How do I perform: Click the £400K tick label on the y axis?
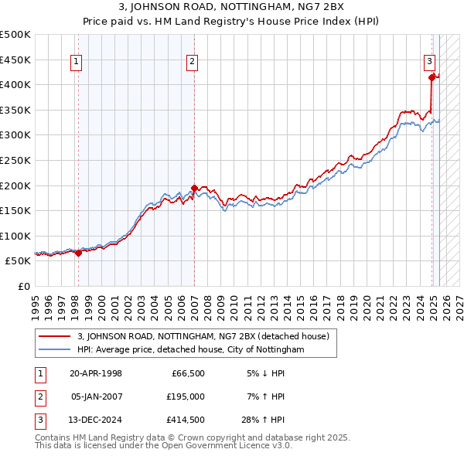pos(16,84)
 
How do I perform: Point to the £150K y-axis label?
pos(16,210)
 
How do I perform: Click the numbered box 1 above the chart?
pos(78,63)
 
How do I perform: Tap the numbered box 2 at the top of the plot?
pos(192,63)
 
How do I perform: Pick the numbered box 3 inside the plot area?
pos(429,63)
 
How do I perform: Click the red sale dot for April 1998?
pos(79,253)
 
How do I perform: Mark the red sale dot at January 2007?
pos(194,188)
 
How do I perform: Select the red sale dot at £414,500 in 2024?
pos(432,77)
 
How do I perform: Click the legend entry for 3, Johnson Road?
pos(203,336)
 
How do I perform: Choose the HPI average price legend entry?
pos(191,350)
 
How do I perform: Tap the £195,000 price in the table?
pos(186,396)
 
